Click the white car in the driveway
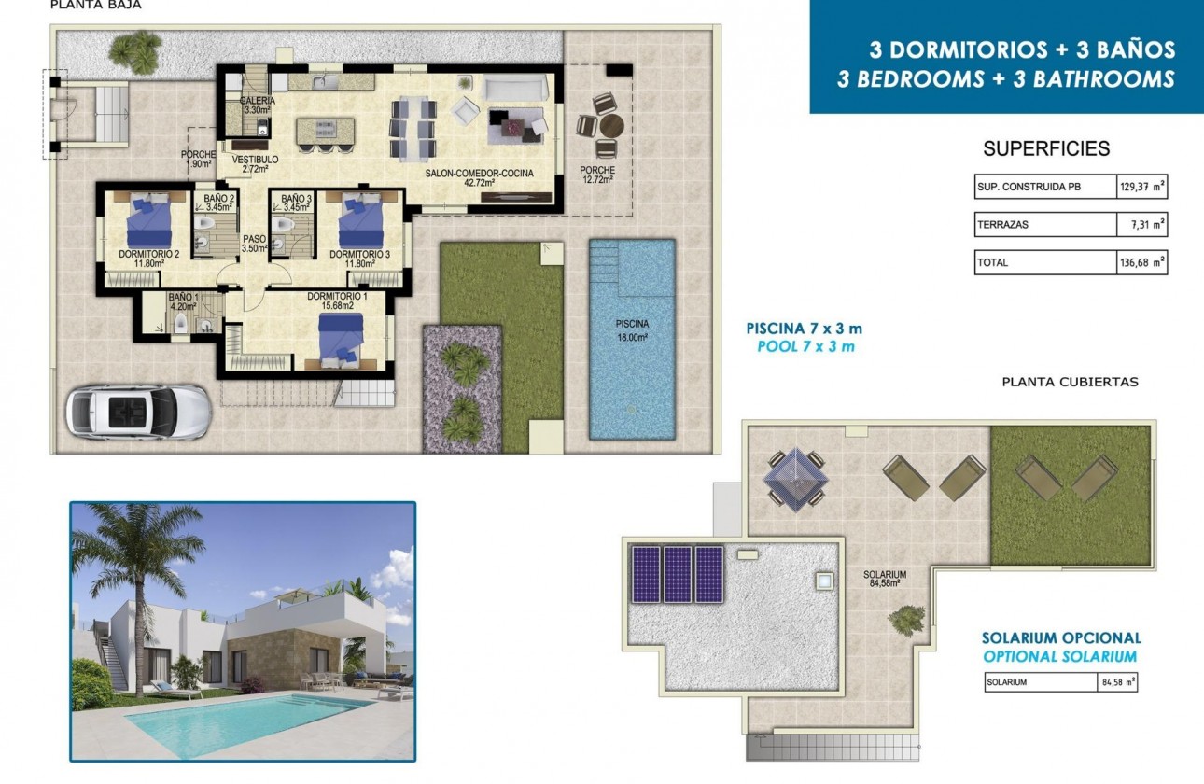(138, 411)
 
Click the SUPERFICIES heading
(1046, 148)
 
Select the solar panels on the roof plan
(678, 573)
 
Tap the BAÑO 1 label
(183, 301)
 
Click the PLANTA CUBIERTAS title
(1070, 382)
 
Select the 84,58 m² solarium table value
(1118, 682)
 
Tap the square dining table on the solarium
(794, 476)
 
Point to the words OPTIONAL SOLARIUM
(1060, 656)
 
